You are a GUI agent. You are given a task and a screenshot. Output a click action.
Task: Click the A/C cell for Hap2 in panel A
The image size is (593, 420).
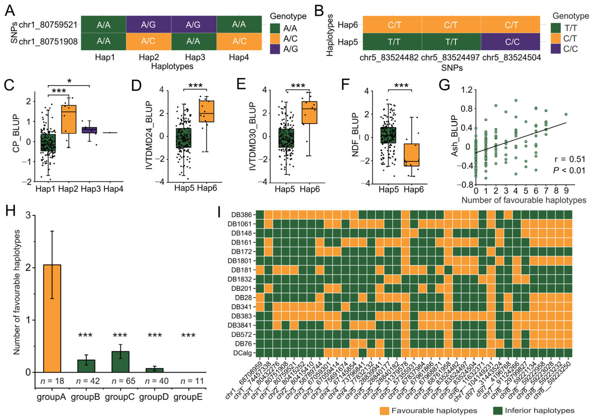click(148, 41)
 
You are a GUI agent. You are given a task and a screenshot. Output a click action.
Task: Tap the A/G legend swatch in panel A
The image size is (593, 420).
click(275, 49)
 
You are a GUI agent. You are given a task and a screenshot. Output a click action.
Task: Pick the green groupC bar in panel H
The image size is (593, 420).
click(120, 361)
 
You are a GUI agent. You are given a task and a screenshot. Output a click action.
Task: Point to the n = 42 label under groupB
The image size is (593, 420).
click(88, 381)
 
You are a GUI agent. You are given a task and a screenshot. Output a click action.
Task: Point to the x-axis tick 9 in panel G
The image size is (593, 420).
click(566, 191)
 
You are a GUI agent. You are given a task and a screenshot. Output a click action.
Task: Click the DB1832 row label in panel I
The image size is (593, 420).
click(240, 279)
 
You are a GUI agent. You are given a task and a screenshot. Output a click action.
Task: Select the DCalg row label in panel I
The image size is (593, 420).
click(242, 353)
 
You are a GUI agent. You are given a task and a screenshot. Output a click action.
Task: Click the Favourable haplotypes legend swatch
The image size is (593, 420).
click(384, 411)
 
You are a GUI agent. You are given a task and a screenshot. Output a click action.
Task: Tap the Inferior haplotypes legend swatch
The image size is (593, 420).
click(498, 411)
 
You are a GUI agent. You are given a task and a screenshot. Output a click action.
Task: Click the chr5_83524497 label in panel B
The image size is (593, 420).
click(450, 57)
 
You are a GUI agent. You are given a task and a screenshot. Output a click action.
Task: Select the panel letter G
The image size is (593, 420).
click(444, 85)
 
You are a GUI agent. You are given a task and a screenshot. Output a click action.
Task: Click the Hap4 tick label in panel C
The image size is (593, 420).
click(113, 189)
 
